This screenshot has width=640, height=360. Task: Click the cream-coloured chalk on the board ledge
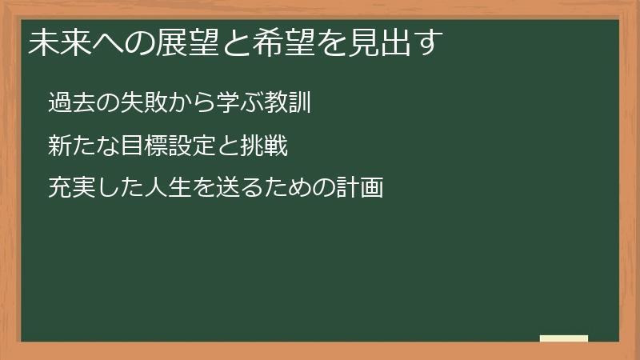point(564,338)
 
